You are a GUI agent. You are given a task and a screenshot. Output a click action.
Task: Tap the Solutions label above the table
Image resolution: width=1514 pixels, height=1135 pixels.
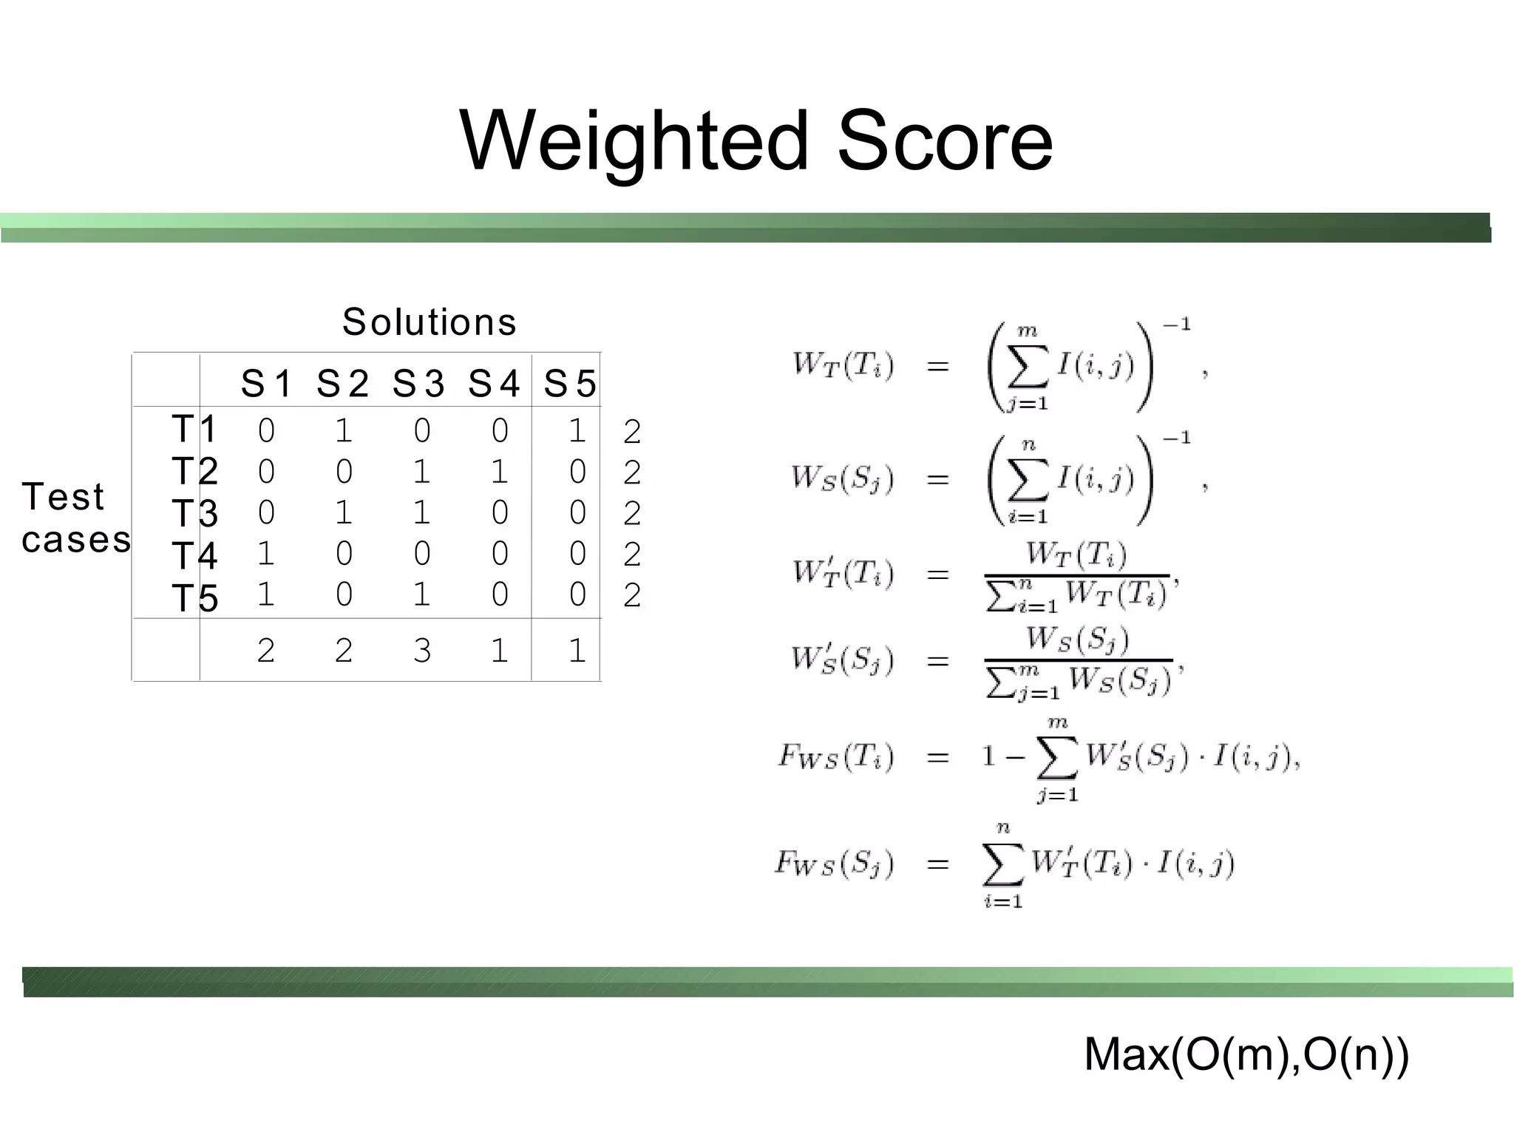[x=429, y=322]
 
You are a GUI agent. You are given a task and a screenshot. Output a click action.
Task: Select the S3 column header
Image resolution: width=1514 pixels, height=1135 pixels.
[x=418, y=384]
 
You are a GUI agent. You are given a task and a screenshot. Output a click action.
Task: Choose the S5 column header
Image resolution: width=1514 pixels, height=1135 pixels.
[x=570, y=384]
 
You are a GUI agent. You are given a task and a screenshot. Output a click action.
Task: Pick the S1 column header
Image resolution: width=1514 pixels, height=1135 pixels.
[x=267, y=384]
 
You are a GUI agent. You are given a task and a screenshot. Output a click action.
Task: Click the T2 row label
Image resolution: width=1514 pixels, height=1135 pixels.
[x=194, y=471]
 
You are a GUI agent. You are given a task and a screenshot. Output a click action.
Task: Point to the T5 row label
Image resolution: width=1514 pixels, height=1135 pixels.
[x=194, y=597]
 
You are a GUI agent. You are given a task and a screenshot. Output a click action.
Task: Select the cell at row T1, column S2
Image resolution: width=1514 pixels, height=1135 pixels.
[x=344, y=430]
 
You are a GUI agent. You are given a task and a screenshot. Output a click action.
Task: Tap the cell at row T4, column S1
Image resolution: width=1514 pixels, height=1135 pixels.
[x=266, y=553]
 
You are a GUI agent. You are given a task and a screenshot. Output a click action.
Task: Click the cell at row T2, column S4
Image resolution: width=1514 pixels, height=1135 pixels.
[x=500, y=471]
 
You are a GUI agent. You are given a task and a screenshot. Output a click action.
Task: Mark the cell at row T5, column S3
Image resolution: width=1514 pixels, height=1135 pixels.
[x=421, y=594]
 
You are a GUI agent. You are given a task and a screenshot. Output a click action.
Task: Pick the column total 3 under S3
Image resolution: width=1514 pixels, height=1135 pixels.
[x=421, y=651]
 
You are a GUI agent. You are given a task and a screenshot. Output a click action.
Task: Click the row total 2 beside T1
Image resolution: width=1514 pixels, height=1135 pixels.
[x=631, y=432]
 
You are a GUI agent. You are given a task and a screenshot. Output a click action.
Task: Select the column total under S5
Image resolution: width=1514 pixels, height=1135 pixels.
[x=577, y=651]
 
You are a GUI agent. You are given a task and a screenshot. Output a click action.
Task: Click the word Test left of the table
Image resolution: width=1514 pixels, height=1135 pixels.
[x=63, y=496]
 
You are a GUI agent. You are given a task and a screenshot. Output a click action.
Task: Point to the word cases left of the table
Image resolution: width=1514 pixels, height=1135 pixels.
[x=76, y=539]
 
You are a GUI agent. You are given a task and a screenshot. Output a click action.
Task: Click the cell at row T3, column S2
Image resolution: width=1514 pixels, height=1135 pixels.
[x=344, y=512]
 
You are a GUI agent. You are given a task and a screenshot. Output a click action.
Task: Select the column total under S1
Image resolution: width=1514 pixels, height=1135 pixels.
[x=266, y=651]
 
